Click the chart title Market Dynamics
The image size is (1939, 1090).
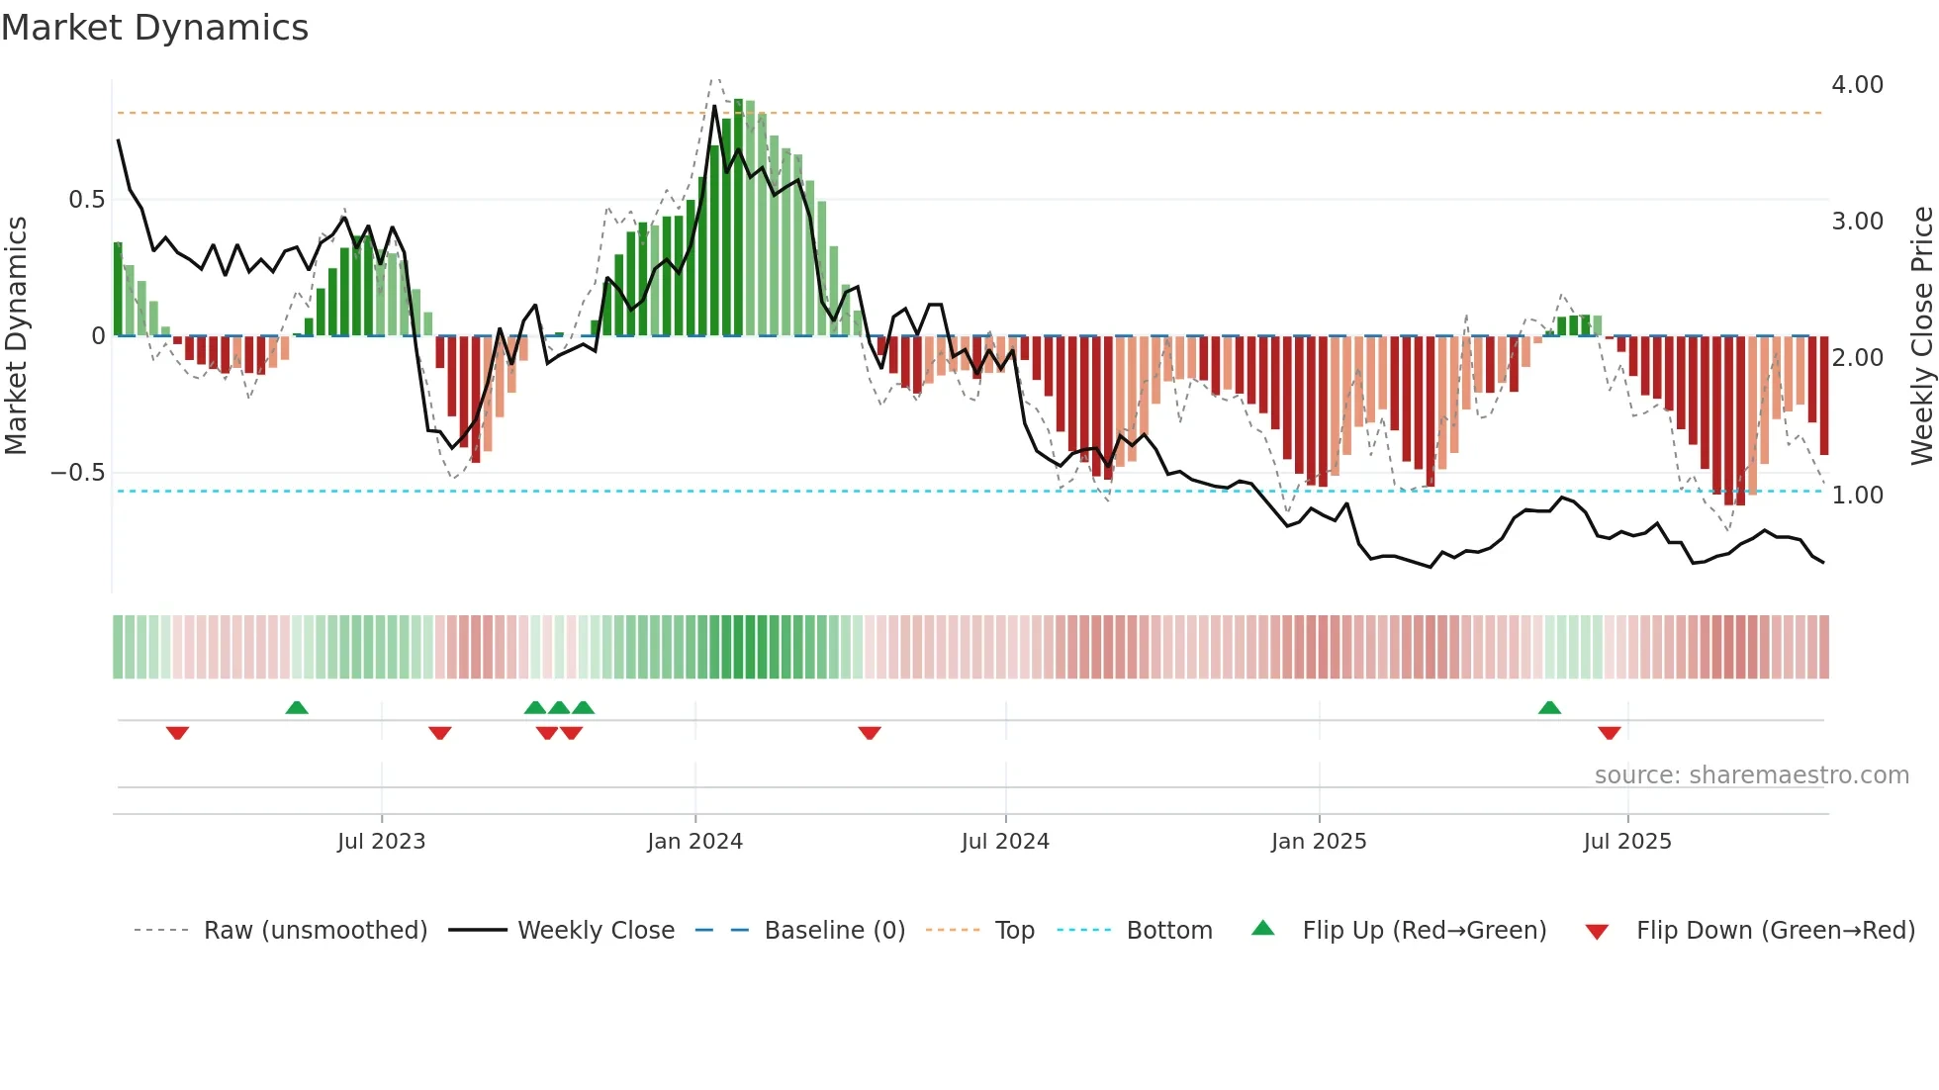point(155,28)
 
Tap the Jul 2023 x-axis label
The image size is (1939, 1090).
point(381,841)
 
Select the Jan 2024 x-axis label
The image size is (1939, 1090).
point(694,841)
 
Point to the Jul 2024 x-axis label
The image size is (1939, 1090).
point(1005,841)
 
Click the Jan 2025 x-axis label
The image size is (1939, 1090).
point(1319,841)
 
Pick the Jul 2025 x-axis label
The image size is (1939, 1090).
point(1627,841)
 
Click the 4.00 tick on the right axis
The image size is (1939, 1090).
point(1857,85)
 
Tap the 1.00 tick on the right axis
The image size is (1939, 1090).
point(1857,495)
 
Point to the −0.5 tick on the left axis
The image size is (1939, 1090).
point(78,473)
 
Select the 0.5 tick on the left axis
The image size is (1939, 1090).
point(86,200)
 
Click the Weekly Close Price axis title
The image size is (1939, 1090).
point(1921,336)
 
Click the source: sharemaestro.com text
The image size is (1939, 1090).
point(1751,775)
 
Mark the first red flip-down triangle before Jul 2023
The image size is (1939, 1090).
point(177,733)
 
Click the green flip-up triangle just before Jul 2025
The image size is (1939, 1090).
point(1549,707)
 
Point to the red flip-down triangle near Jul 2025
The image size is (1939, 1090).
point(1609,733)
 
